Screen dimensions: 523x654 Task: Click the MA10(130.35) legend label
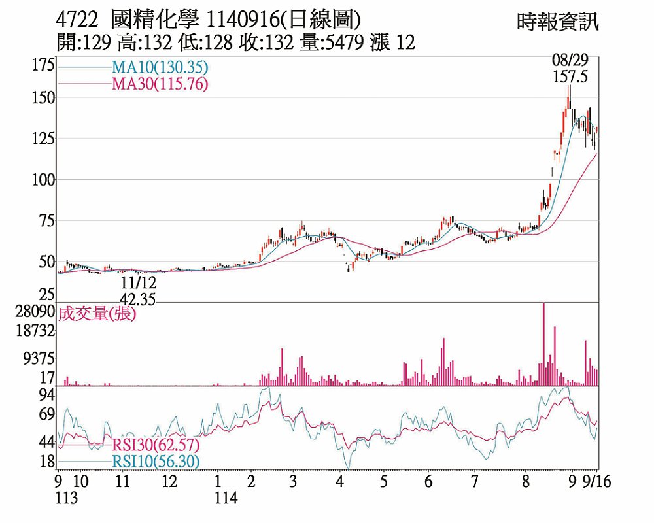coord(160,67)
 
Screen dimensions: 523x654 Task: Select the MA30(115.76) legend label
coord(160,84)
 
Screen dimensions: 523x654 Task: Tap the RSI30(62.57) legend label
coord(156,446)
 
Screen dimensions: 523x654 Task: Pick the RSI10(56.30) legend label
coord(156,462)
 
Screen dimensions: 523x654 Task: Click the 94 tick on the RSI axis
coord(46,394)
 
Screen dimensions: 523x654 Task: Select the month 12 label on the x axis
coord(169,482)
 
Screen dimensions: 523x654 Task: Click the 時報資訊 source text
coord(557,23)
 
